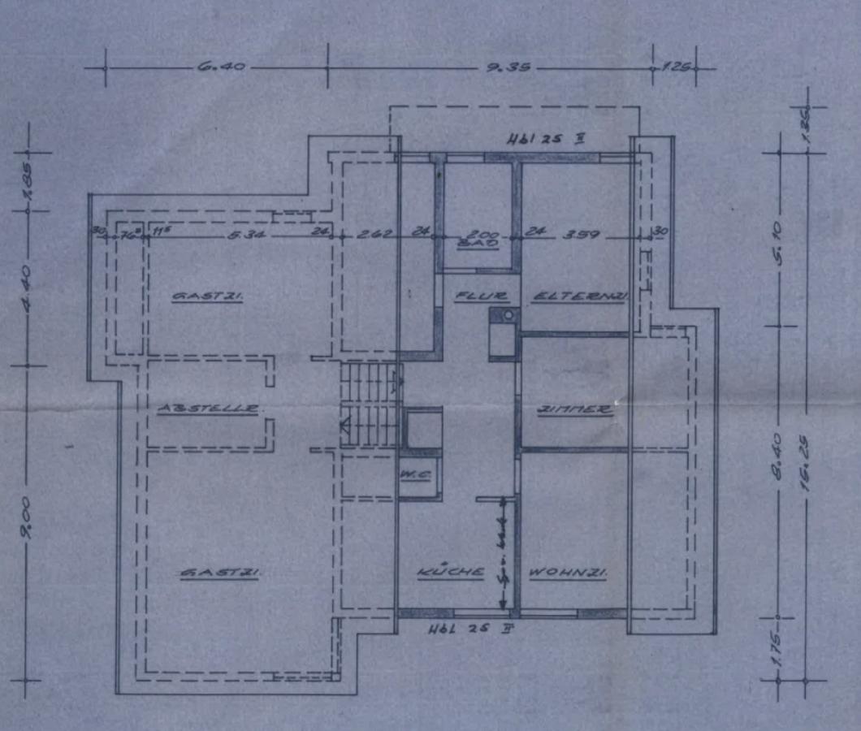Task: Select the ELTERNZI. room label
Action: tap(580, 297)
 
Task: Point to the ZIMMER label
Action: tap(575, 410)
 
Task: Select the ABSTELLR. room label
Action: tap(208, 408)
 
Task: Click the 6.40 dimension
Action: tap(220, 67)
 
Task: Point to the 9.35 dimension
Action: tap(508, 67)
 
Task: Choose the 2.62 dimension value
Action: tap(375, 235)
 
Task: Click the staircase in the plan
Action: tap(370, 404)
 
